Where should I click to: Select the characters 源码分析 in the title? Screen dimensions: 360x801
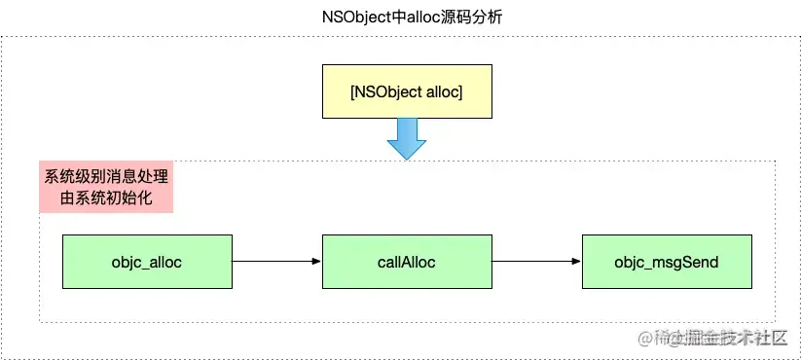pyautogui.click(x=468, y=18)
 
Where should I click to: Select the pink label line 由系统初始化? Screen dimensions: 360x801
pyautogui.click(x=105, y=199)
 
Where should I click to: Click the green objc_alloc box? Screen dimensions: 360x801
pyautogui.click(x=147, y=262)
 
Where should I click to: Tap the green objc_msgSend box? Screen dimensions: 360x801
pyautogui.click(x=667, y=262)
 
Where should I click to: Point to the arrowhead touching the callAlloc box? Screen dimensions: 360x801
pyautogui.click(x=316, y=262)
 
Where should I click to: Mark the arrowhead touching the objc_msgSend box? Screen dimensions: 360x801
pyautogui.click(x=576, y=262)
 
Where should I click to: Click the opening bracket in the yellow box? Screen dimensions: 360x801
pyautogui.click(x=351, y=91)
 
